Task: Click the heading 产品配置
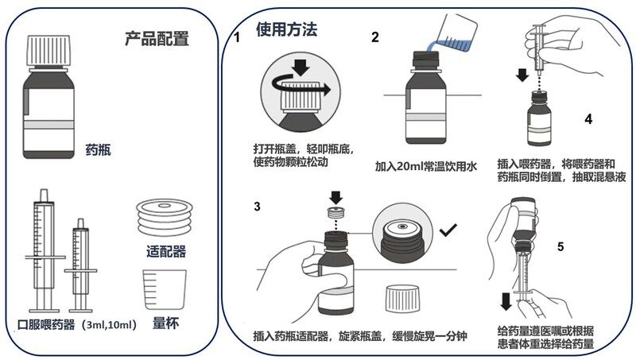pyautogui.click(x=157, y=37)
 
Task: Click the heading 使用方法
pyautogui.click(x=286, y=29)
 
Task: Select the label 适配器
pyautogui.click(x=166, y=253)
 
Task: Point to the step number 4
pyautogui.click(x=588, y=119)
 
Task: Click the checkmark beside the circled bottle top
pyautogui.click(x=448, y=230)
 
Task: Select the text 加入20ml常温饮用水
pyautogui.click(x=425, y=167)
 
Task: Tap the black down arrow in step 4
pyautogui.click(x=522, y=75)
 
